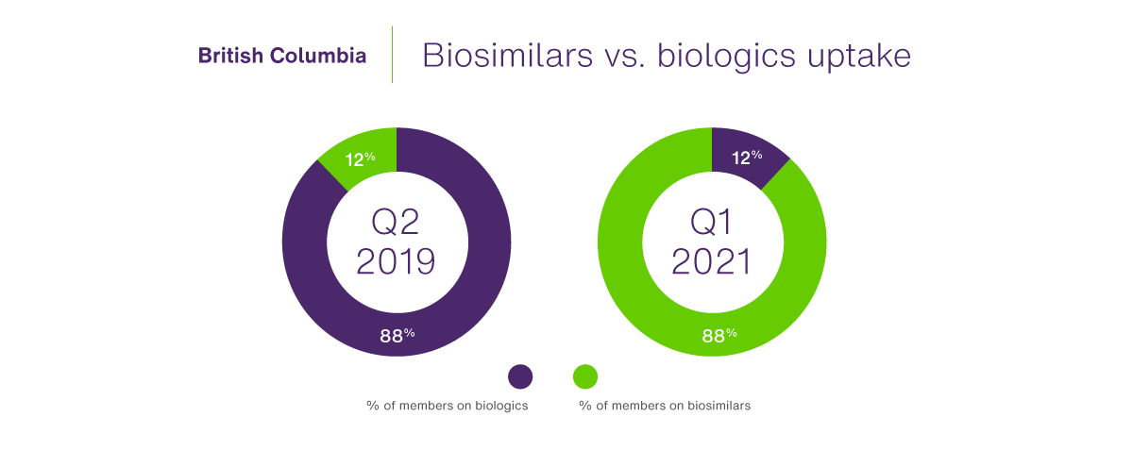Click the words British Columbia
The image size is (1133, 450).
click(x=282, y=56)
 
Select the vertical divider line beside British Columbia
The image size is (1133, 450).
click(x=393, y=55)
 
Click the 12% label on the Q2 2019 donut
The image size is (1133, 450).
click(x=361, y=158)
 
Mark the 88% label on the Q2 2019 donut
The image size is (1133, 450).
click(x=397, y=335)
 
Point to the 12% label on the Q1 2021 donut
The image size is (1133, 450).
click(x=745, y=158)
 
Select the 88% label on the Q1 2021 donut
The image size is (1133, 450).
click(x=719, y=335)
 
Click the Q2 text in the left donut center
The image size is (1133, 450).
click(x=396, y=222)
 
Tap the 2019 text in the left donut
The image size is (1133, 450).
click(x=396, y=261)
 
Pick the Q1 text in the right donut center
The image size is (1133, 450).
click(x=711, y=222)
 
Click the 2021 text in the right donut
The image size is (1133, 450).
click(x=711, y=261)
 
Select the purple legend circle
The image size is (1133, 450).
click(x=520, y=376)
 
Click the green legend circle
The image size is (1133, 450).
click(x=585, y=376)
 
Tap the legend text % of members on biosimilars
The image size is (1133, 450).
click(x=665, y=406)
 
